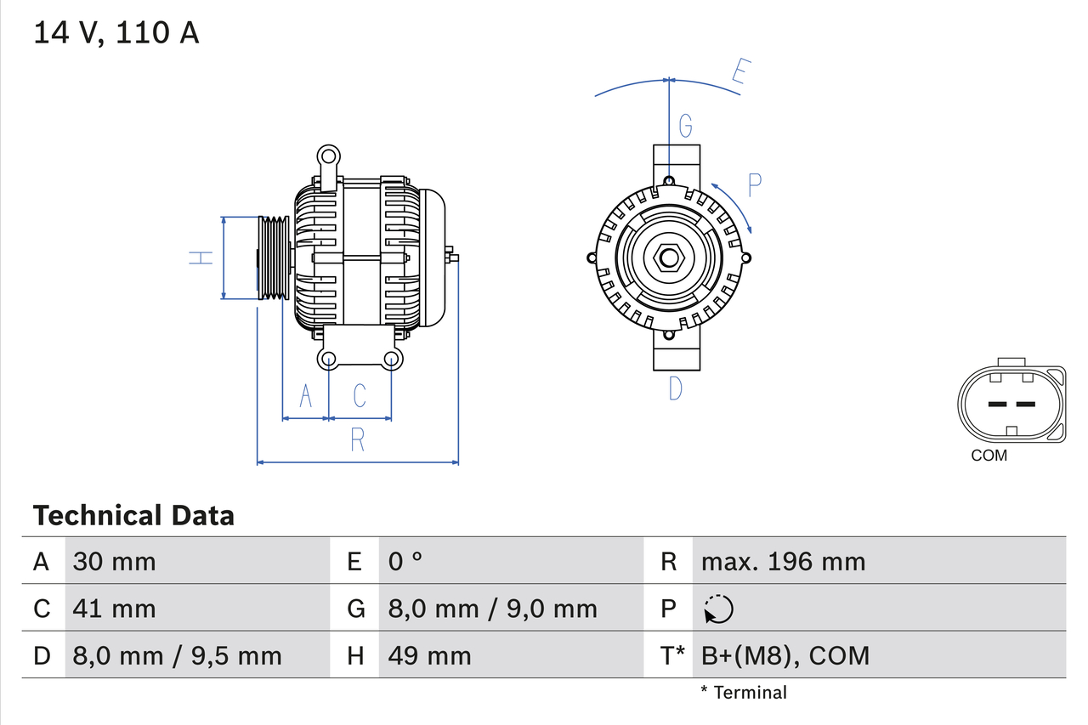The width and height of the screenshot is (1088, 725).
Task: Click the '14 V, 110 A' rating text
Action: (x=116, y=33)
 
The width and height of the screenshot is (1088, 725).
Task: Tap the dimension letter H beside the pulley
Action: (x=201, y=258)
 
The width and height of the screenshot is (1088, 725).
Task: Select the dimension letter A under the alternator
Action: (x=306, y=395)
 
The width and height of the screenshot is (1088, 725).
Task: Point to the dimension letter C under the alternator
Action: (x=360, y=395)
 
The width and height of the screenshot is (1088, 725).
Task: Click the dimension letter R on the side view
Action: (x=357, y=439)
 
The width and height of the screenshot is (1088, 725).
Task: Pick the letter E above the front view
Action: (x=739, y=75)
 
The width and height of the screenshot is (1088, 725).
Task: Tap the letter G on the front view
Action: (x=685, y=127)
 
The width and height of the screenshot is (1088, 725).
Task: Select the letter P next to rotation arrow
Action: (x=754, y=185)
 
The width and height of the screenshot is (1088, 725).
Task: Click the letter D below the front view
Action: (x=675, y=388)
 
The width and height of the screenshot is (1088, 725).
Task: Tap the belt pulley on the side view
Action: (x=274, y=258)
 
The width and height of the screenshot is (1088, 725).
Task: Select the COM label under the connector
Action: (x=989, y=456)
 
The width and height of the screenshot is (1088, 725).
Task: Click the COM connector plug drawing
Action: (x=1011, y=403)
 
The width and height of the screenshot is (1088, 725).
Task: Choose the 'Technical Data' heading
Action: (x=133, y=515)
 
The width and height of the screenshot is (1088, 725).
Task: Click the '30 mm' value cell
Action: (x=115, y=561)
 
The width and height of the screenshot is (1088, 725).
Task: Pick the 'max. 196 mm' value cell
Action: (x=783, y=561)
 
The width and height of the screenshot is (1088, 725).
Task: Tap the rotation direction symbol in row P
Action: (x=718, y=609)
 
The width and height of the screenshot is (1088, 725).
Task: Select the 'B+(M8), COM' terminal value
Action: (x=785, y=655)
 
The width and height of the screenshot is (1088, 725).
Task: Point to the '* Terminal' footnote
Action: (x=743, y=693)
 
